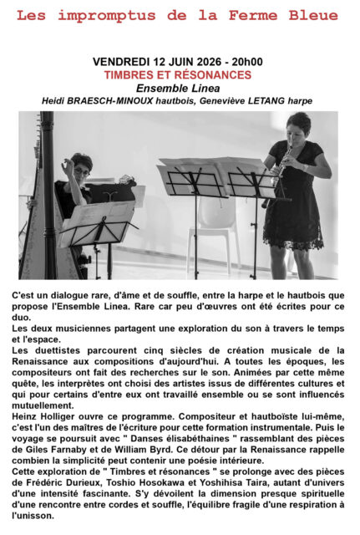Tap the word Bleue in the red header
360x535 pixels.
tap(312, 15)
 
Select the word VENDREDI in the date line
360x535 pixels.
tap(125, 62)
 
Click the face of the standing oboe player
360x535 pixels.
tap(297, 129)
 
